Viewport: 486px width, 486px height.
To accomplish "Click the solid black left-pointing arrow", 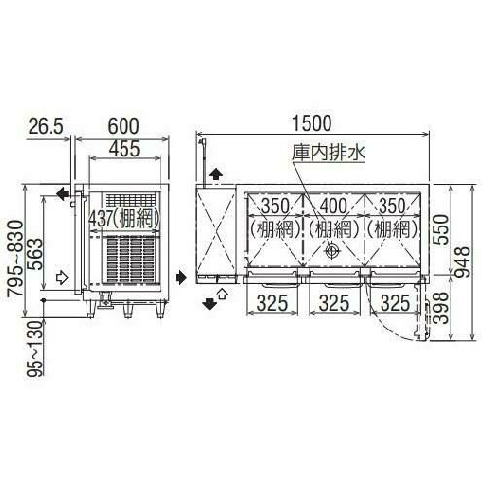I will [62, 194].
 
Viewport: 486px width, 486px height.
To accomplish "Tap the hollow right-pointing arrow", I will [61, 277].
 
